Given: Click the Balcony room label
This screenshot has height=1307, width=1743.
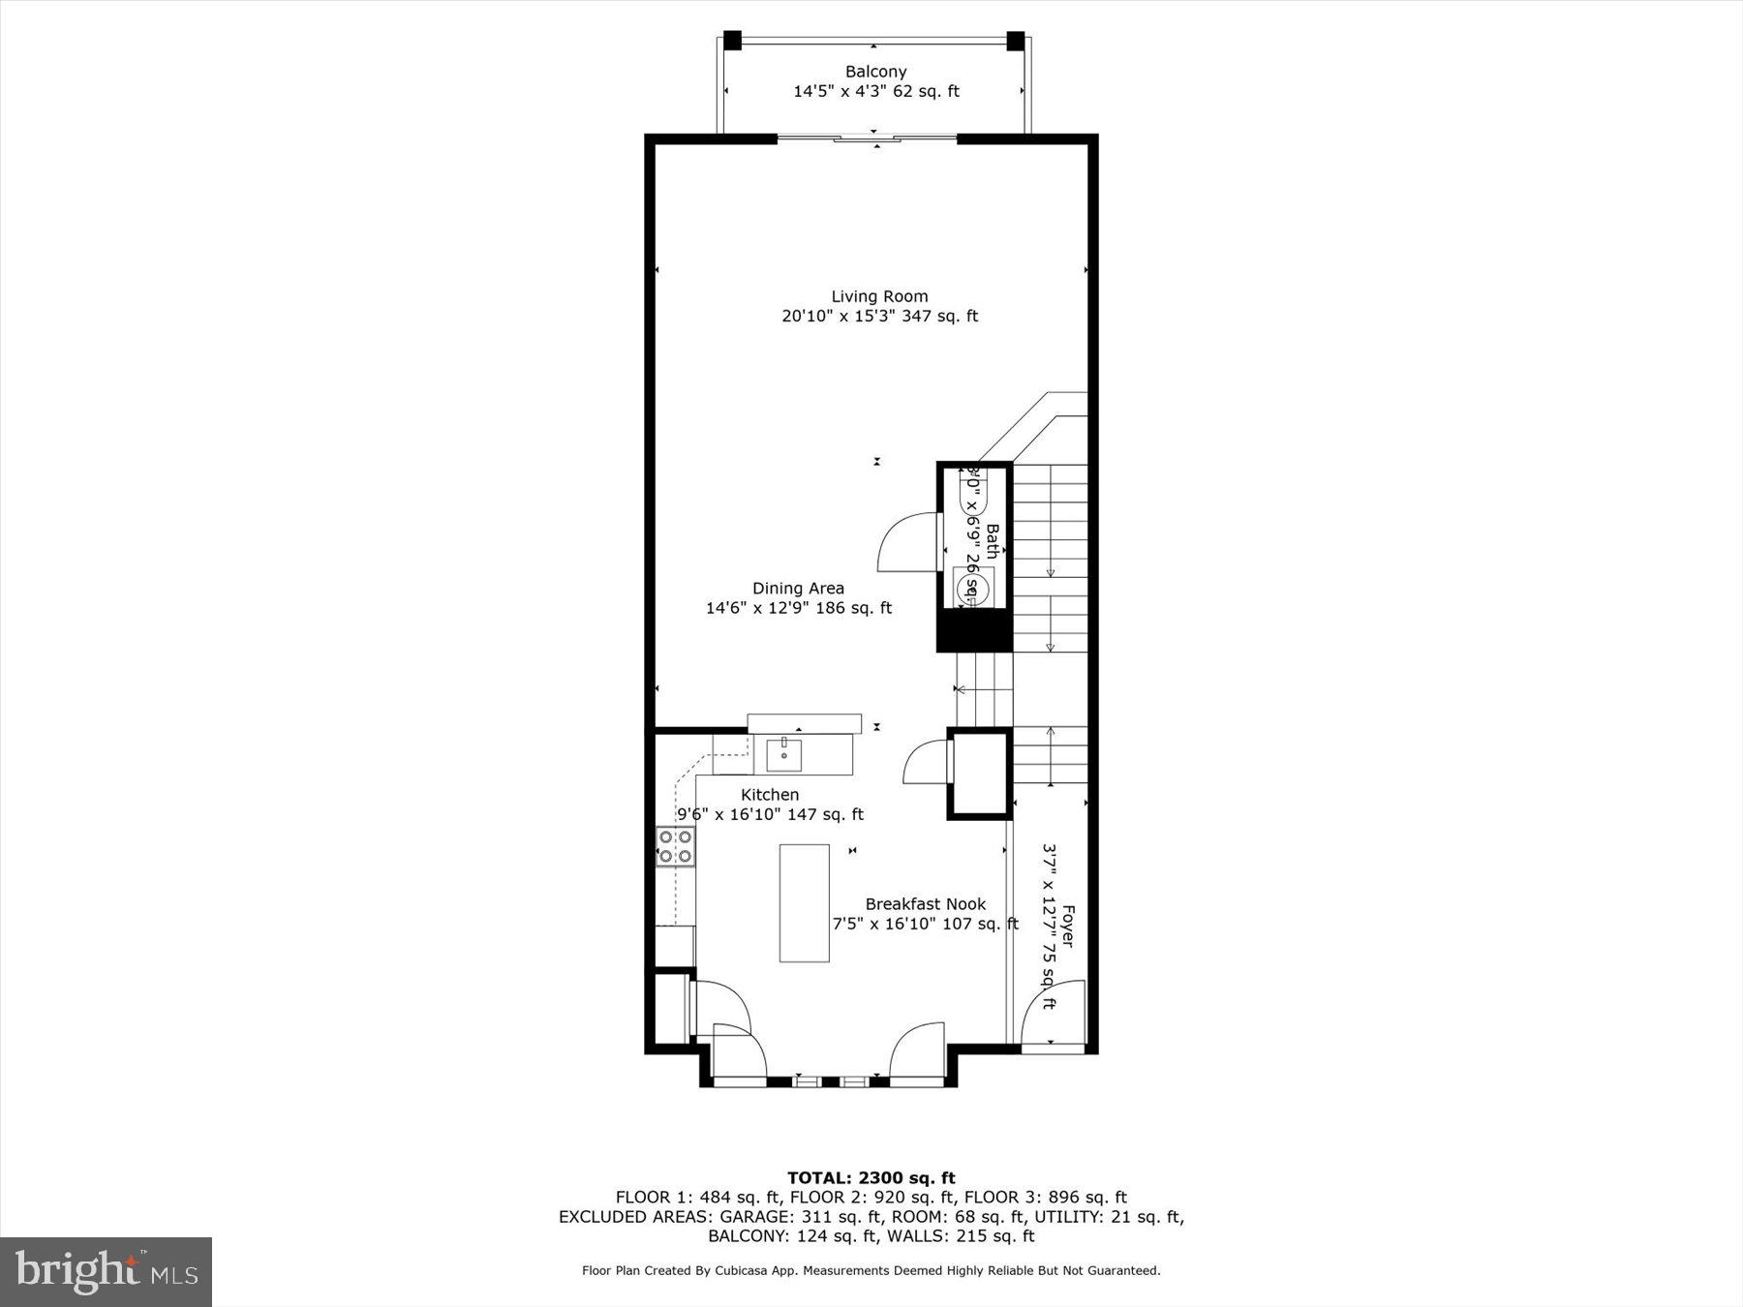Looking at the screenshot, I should pos(875,72).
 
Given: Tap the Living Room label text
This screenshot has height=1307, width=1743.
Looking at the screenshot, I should pos(879,296).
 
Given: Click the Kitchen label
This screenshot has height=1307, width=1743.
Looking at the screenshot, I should pos(770,795).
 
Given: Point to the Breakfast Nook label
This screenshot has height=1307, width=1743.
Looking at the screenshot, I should pos(925,904).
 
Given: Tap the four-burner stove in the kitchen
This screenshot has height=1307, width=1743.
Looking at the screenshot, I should pos(675,847).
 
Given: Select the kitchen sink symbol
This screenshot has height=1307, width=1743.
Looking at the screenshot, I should pos(783,754).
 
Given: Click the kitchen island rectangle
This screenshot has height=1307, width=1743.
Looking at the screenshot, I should pos(804,902).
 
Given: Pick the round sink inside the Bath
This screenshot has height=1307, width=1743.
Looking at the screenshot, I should pos(973,588).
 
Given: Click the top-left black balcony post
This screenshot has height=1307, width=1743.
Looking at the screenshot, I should pos(732,41).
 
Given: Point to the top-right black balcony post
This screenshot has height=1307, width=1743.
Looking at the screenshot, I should pos(1015,41).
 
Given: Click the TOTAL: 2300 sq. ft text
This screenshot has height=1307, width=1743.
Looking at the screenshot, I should pos(871,1178).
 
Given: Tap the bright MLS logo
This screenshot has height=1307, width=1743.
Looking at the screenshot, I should pos(106,1272).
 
